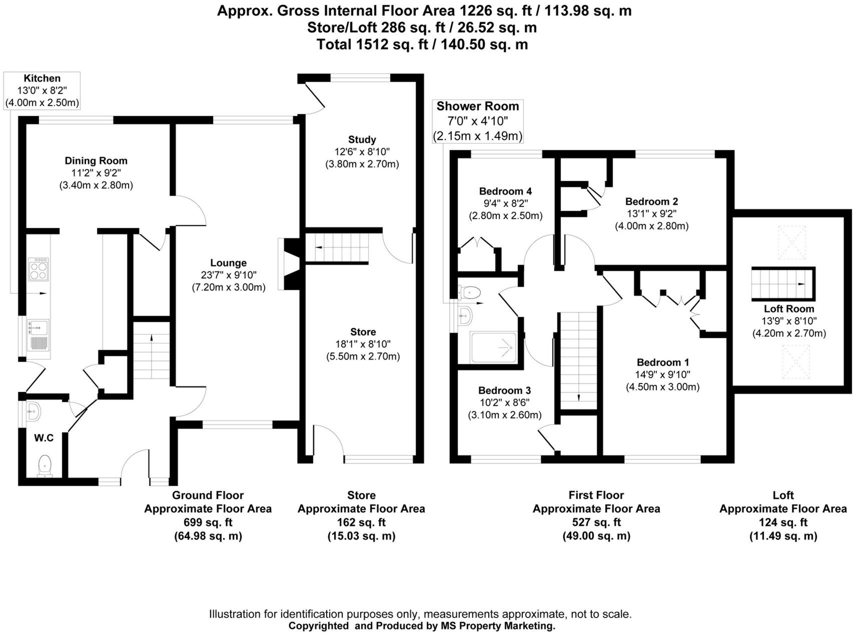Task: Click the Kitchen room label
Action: [42, 78]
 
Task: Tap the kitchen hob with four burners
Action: [39, 269]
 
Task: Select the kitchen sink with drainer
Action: [39, 334]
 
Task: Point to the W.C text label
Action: [44, 438]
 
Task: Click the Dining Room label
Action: [96, 160]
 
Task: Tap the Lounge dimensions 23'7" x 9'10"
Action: [228, 275]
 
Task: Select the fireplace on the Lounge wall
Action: [290, 263]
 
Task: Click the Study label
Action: [362, 139]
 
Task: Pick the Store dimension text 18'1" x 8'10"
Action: [363, 344]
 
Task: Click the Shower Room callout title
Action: [477, 106]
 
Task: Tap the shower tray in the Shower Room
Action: [494, 347]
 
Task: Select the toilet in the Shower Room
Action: [469, 291]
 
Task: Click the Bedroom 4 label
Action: [505, 191]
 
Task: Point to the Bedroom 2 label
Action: [651, 201]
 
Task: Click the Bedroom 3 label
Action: [504, 390]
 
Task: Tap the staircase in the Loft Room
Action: [781, 283]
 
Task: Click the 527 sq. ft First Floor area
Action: [596, 522]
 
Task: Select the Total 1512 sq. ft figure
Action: [422, 44]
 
